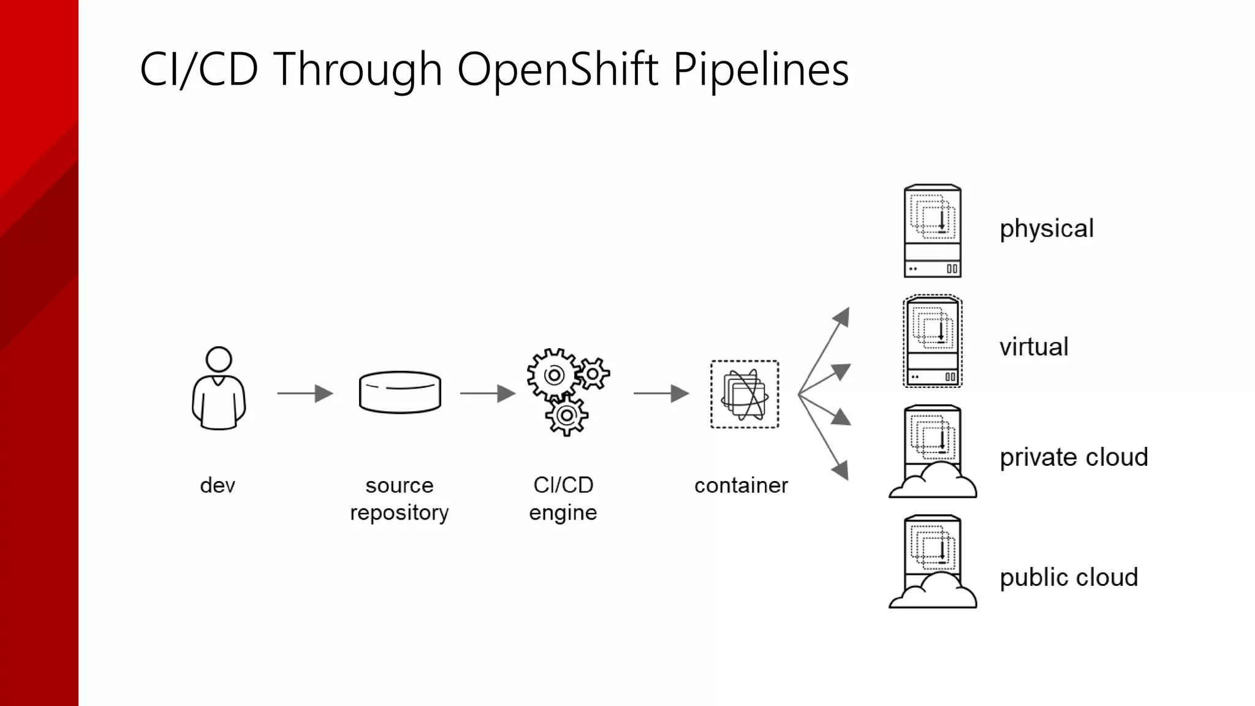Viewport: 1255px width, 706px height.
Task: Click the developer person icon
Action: coord(219,389)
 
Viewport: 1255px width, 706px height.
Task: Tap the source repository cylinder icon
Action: coord(400,392)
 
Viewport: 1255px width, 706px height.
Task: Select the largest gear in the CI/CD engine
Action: coord(553,375)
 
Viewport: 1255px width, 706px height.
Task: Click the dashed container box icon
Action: coord(745,394)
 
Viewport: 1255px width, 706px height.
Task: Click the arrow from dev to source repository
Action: coord(305,393)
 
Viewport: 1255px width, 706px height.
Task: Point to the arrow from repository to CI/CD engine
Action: coord(488,393)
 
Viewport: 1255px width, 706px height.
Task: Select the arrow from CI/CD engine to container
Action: coord(661,393)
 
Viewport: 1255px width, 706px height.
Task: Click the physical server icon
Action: coord(932,231)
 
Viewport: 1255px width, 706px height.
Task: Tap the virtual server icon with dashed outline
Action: coord(932,341)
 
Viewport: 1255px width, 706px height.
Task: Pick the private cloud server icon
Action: coord(932,452)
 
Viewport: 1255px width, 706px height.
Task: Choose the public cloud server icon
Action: coord(932,562)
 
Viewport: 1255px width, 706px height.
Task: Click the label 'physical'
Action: coord(1046,229)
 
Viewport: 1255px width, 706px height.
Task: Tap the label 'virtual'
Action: coord(1034,347)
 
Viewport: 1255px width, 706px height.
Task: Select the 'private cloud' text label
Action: coord(1074,457)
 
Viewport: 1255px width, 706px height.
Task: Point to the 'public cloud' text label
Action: coord(1069,577)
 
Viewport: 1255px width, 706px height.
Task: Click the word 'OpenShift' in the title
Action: coord(557,69)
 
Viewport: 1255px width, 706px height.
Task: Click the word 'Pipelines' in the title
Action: coord(760,69)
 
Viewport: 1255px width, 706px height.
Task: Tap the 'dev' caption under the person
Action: coord(218,485)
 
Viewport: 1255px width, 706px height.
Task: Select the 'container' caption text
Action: coord(741,485)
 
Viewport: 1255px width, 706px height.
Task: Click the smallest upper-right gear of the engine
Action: coord(593,373)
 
